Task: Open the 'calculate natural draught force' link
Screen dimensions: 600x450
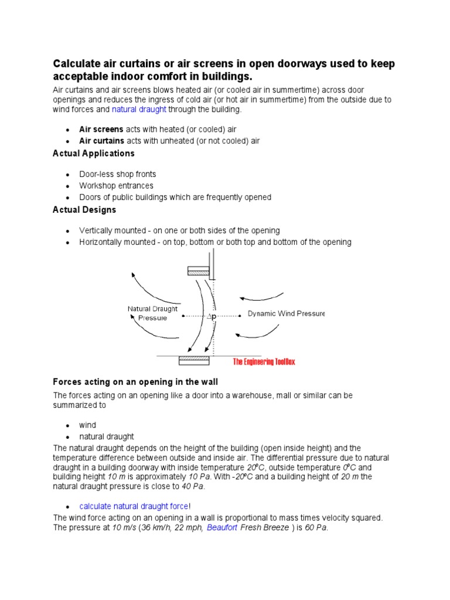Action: tap(134, 506)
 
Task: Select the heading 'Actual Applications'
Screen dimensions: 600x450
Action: tap(94, 154)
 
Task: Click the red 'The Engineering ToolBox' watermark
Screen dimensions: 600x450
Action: tap(264, 362)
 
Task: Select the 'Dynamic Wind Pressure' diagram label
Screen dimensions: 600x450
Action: tap(286, 313)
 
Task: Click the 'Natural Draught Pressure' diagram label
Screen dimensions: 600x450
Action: tap(152, 313)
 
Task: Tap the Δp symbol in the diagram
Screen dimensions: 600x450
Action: tap(212, 316)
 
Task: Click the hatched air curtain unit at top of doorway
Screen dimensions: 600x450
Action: tap(199, 271)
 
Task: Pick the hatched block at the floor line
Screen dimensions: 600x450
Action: tap(194, 359)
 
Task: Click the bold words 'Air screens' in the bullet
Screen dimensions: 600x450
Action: tap(101, 129)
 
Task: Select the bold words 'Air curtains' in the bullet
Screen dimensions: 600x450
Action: tap(102, 141)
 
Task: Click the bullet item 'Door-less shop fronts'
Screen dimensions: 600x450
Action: tap(118, 175)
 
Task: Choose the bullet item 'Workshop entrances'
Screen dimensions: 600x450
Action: tap(116, 186)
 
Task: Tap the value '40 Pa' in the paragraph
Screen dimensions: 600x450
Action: tap(193, 486)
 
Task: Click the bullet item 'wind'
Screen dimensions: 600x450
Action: tap(88, 425)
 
